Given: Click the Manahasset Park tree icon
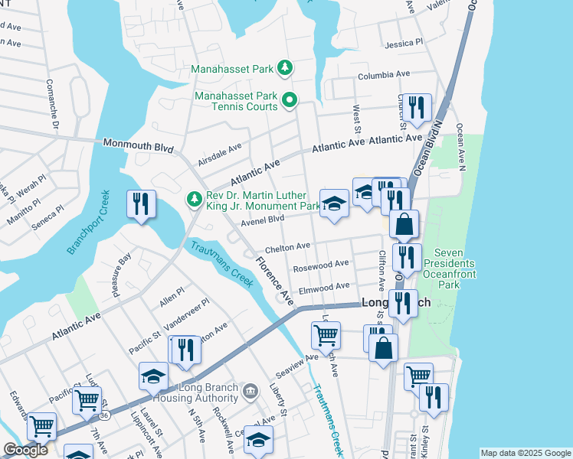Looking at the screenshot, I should point(285,69).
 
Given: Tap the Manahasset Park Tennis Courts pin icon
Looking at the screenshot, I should point(290,100).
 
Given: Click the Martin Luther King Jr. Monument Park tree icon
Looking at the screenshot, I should point(195,200).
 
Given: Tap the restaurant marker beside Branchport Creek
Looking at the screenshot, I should point(142,204).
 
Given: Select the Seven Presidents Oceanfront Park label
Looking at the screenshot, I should point(459,269).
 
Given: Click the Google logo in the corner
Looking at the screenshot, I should point(25,450).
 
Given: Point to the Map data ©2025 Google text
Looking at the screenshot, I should point(525,453).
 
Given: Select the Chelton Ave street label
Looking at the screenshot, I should point(287,247).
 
